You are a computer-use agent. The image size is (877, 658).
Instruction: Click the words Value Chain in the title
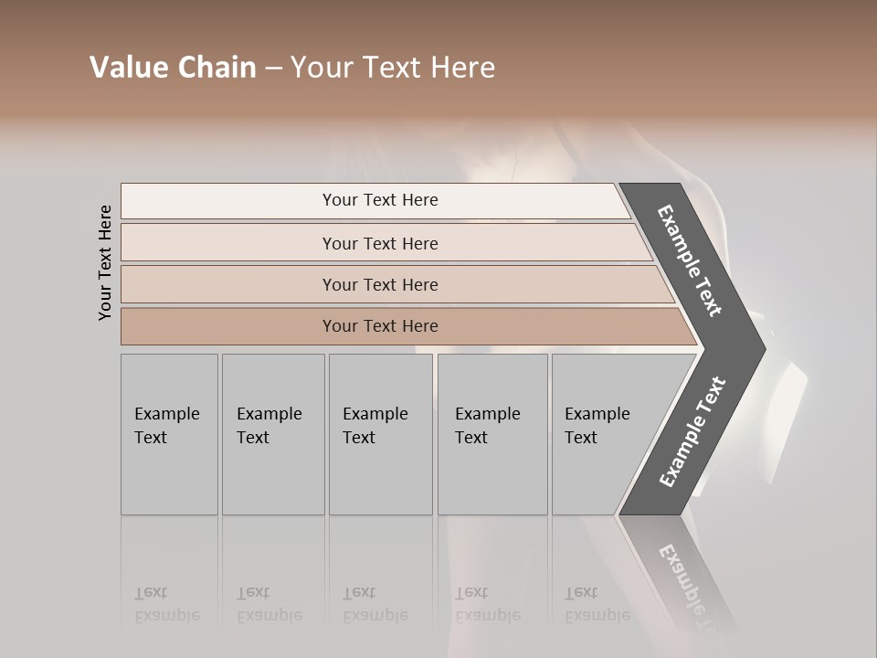173,68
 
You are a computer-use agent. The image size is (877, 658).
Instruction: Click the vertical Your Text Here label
105,262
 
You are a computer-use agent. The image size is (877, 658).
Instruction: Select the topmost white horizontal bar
274,201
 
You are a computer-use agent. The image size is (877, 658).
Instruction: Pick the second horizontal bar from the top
274,243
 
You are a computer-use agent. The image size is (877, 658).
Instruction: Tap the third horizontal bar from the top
274,284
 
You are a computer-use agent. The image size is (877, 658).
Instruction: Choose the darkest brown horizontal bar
274,326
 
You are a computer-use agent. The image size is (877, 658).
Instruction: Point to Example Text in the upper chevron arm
690,260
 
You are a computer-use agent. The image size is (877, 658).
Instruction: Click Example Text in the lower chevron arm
692,431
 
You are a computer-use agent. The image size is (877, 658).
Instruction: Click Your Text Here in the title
393,68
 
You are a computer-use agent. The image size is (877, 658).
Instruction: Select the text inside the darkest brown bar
380,326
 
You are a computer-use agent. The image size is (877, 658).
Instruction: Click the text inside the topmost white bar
380,200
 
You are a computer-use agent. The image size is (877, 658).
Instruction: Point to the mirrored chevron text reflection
690,585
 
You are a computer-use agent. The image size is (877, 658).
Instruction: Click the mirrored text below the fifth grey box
597,604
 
